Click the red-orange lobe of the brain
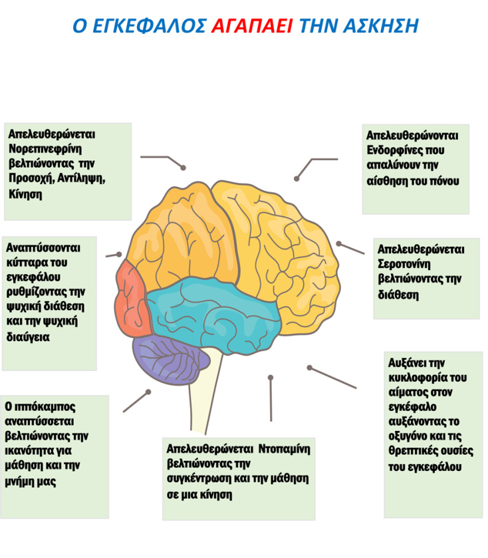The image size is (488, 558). [x=132, y=297]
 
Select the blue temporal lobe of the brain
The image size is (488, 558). [x=206, y=313]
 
